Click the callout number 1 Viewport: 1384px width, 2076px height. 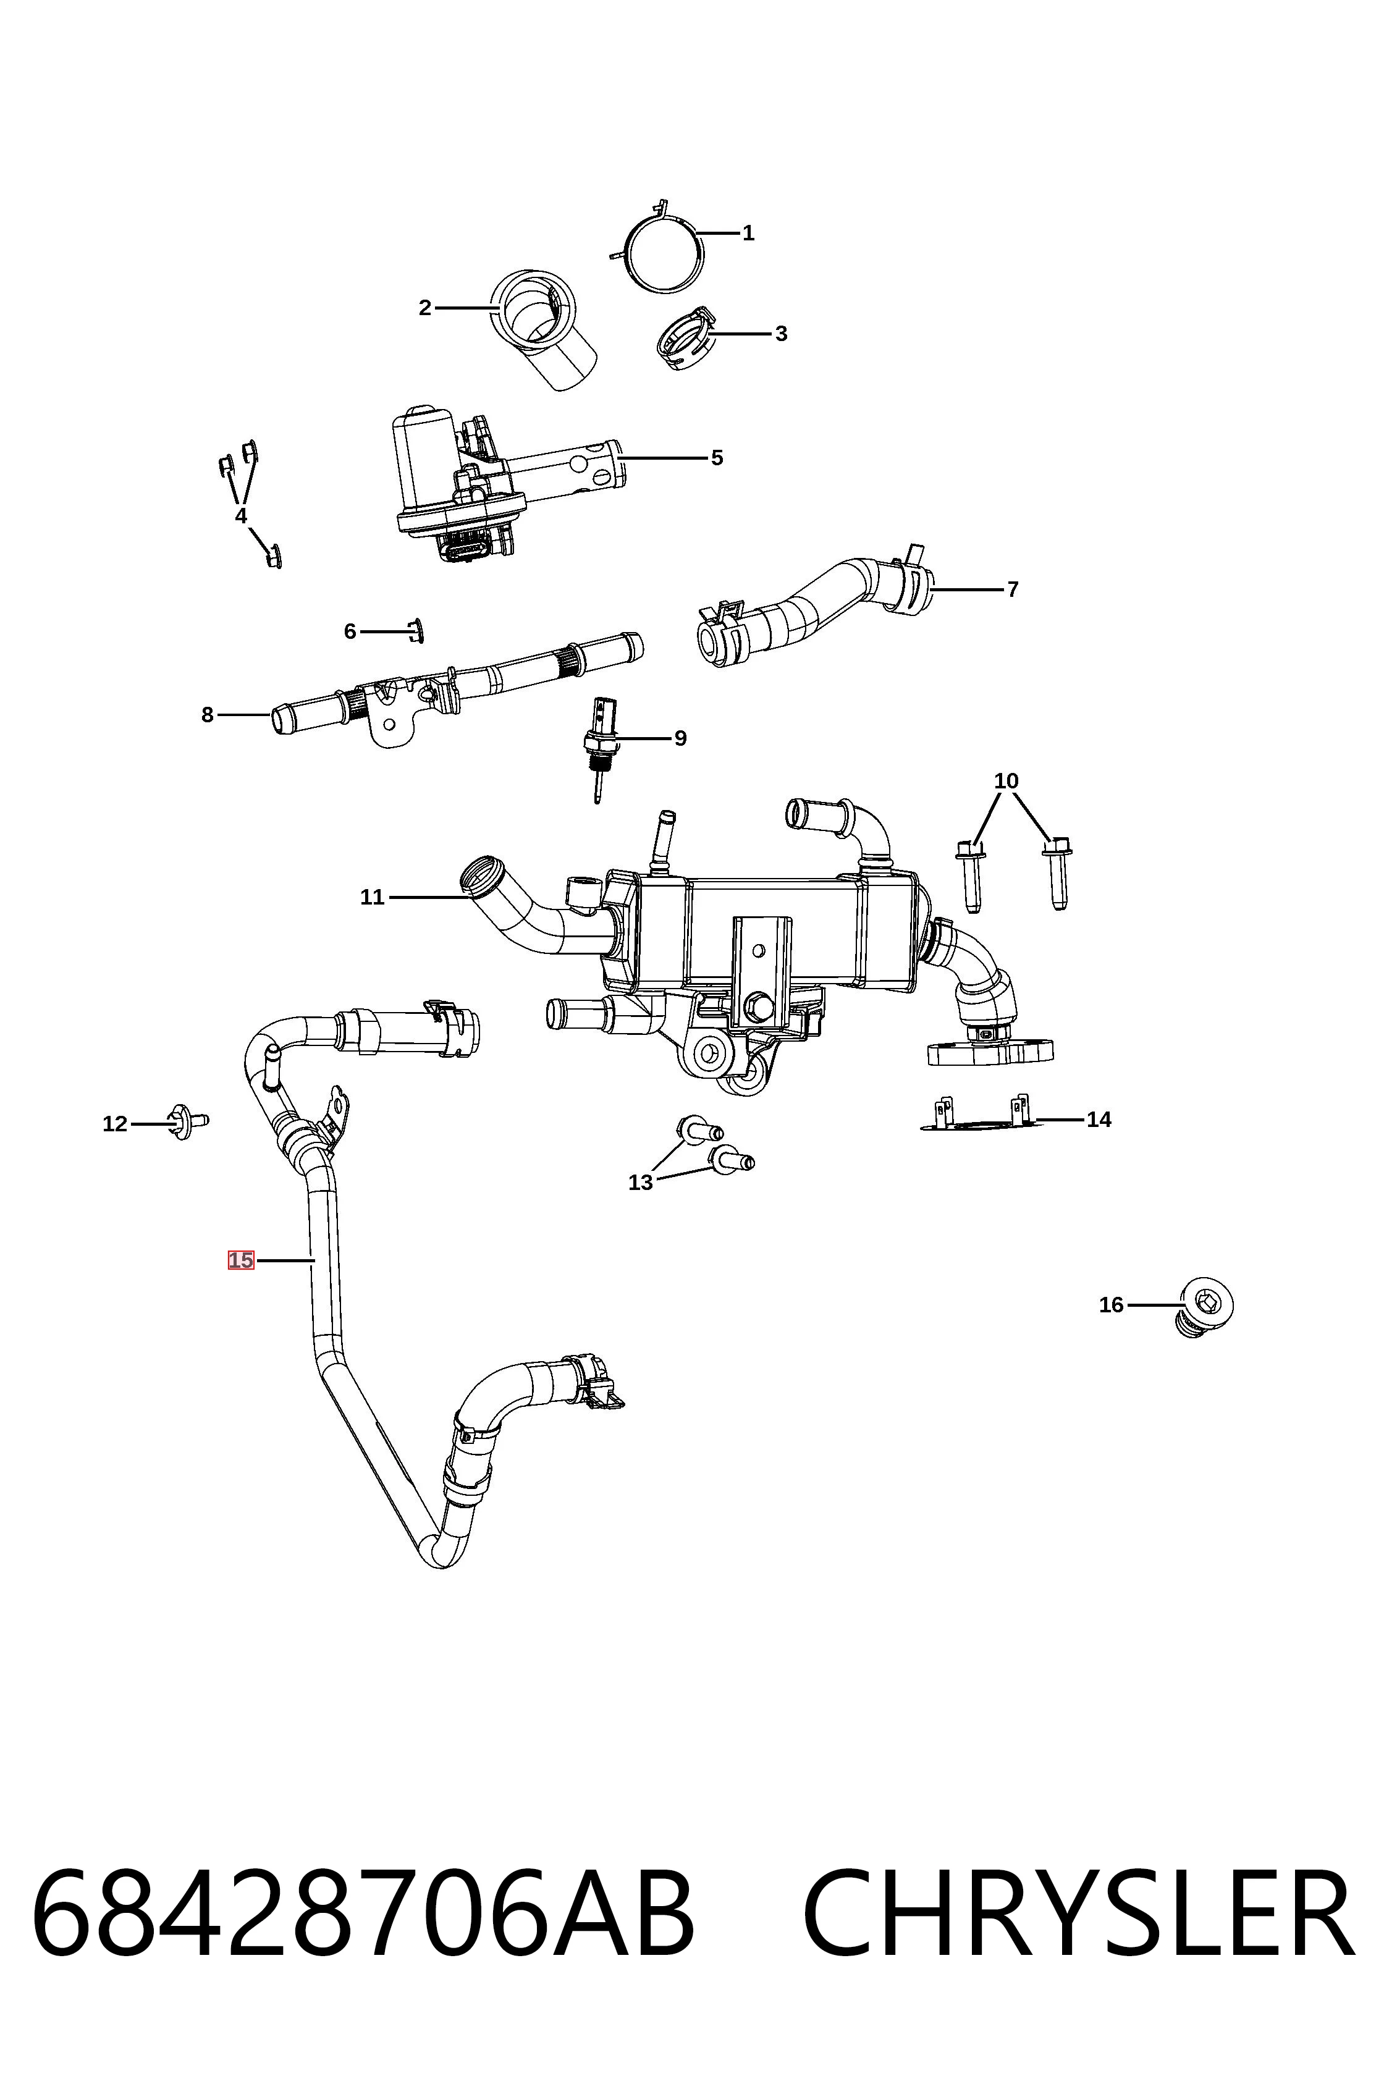[748, 233]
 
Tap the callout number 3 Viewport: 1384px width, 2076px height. [781, 334]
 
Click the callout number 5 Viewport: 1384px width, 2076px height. [717, 458]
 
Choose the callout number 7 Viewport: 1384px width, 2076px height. [1013, 589]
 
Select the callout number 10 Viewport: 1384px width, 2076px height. [1006, 781]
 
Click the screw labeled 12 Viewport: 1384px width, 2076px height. [188, 1122]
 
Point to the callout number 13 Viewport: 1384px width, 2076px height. [641, 1182]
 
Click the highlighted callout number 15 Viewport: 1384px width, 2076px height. [241, 1260]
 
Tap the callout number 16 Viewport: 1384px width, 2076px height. [1112, 1304]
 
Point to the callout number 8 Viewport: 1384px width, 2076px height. [208, 715]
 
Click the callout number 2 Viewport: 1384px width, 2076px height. [424, 308]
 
